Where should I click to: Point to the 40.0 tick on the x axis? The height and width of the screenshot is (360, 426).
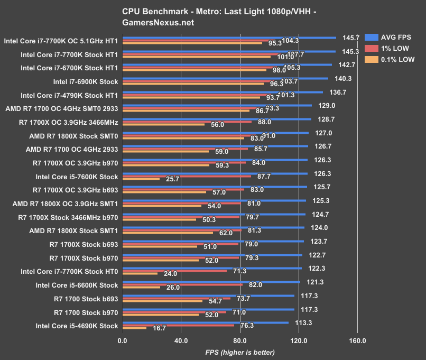(181, 340)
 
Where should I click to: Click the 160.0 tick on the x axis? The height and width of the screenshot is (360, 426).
(357, 340)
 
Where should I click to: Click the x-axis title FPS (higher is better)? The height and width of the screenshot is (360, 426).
(240, 352)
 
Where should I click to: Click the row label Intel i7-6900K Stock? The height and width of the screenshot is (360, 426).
(86, 81)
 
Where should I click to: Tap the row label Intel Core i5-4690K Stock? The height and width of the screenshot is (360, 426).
(77, 326)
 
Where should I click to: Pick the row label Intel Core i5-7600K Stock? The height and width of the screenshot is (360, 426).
(77, 177)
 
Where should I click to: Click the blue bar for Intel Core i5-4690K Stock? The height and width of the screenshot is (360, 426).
(205, 322)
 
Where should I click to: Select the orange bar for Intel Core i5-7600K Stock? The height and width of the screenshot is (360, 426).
(141, 179)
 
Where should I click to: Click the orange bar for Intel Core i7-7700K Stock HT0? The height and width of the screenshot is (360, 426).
(140, 273)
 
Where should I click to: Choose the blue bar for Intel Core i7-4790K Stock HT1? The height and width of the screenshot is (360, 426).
(222, 92)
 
